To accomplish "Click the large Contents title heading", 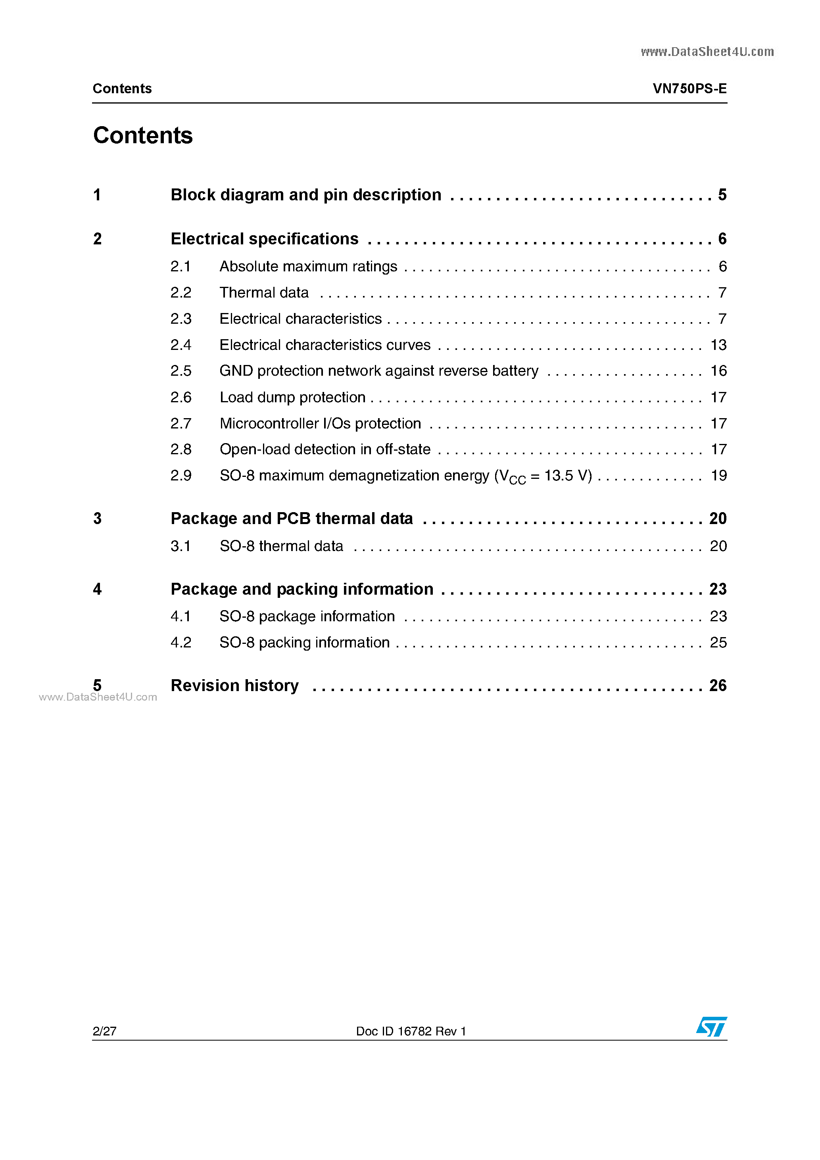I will tap(143, 135).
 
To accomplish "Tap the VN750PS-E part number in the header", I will tap(689, 88).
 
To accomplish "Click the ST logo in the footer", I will tap(711, 1027).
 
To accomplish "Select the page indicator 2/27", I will tap(105, 1031).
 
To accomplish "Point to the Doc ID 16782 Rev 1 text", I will tap(411, 1031).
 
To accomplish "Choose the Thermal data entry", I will tap(264, 292).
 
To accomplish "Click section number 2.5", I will tap(181, 371).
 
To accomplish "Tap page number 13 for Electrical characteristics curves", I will tap(718, 345).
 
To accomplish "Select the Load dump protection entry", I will tap(292, 397).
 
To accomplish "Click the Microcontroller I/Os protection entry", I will tap(320, 423).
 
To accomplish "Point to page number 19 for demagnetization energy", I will tap(718, 475).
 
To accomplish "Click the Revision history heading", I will tap(234, 686).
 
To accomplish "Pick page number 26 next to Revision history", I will tap(717, 686).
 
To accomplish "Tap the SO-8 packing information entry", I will tap(304, 642).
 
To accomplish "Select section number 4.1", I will tap(181, 616).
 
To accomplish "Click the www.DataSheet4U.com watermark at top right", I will tap(707, 52).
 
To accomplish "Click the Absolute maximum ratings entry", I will tap(308, 266).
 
